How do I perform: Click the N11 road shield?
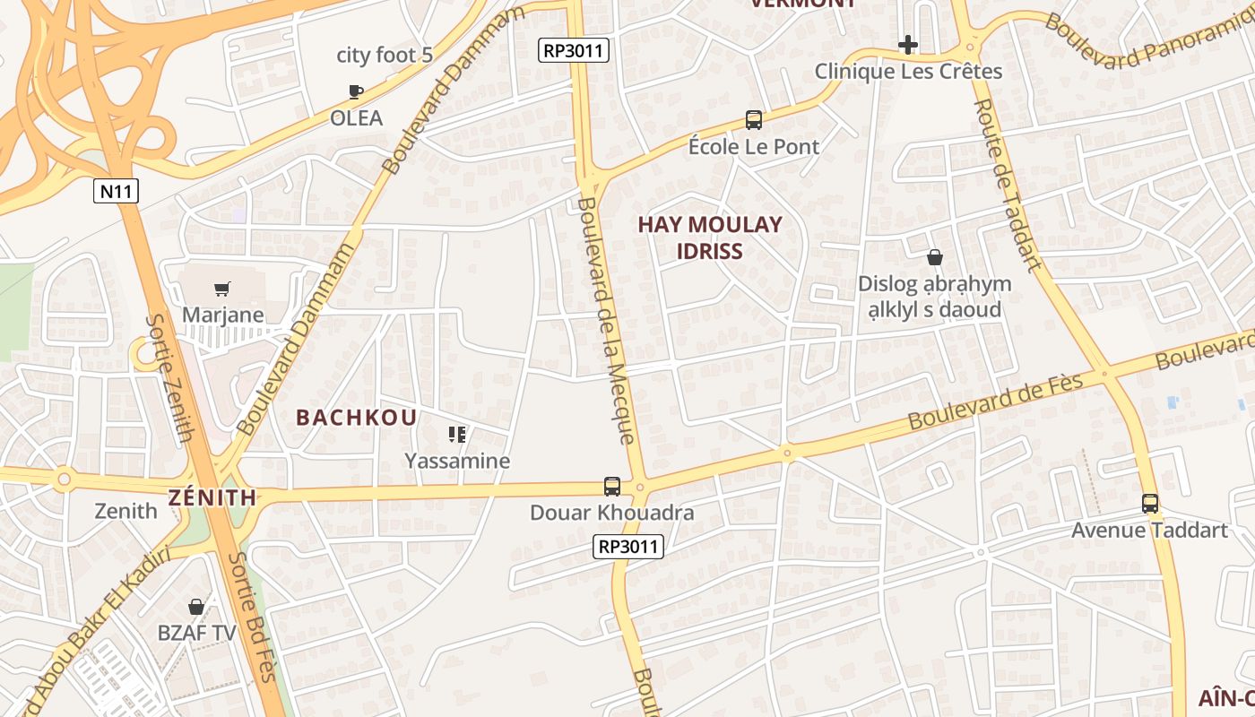(x=117, y=191)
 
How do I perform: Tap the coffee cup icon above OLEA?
(x=356, y=91)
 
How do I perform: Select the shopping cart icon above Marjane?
(x=222, y=289)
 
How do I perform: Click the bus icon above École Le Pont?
(x=754, y=119)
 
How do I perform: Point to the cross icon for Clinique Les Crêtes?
(x=908, y=44)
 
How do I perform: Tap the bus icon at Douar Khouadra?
(x=612, y=487)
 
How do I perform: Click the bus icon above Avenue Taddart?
(x=1150, y=504)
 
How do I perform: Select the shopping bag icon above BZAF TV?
(x=196, y=607)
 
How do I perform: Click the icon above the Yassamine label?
(x=457, y=435)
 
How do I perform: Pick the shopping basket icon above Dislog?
(x=935, y=257)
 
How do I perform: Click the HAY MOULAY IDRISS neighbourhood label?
(x=710, y=238)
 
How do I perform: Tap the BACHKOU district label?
(x=357, y=418)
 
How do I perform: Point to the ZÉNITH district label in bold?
(x=212, y=497)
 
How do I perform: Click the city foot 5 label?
(x=385, y=56)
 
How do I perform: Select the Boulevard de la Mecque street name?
(x=606, y=320)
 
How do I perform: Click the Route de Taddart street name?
(x=1008, y=184)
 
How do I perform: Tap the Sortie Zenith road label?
(x=170, y=377)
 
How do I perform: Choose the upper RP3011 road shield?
(x=575, y=50)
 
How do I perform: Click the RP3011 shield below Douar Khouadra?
(x=629, y=546)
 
